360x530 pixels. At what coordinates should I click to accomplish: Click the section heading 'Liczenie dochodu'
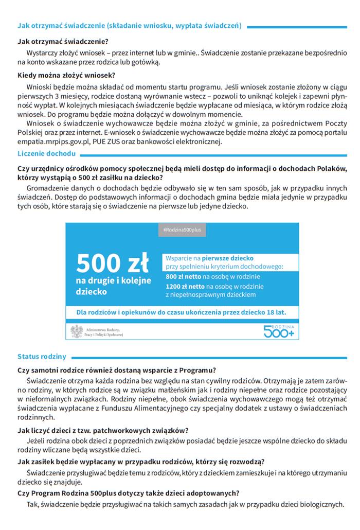pyautogui.click(x=46, y=153)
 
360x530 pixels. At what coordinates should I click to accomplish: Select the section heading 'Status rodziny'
pyautogui.click(x=42, y=356)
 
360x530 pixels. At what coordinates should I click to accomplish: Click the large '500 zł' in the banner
pyautogui.click(x=113, y=262)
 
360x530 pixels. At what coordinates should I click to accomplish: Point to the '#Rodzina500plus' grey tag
pyautogui.click(x=182, y=230)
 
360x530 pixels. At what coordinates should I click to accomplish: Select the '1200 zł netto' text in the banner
pyautogui.click(x=186, y=286)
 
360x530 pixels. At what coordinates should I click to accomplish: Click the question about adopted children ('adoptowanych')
pyautogui.click(x=128, y=492)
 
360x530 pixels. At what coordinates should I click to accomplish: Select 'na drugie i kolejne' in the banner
pyautogui.click(x=113, y=280)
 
